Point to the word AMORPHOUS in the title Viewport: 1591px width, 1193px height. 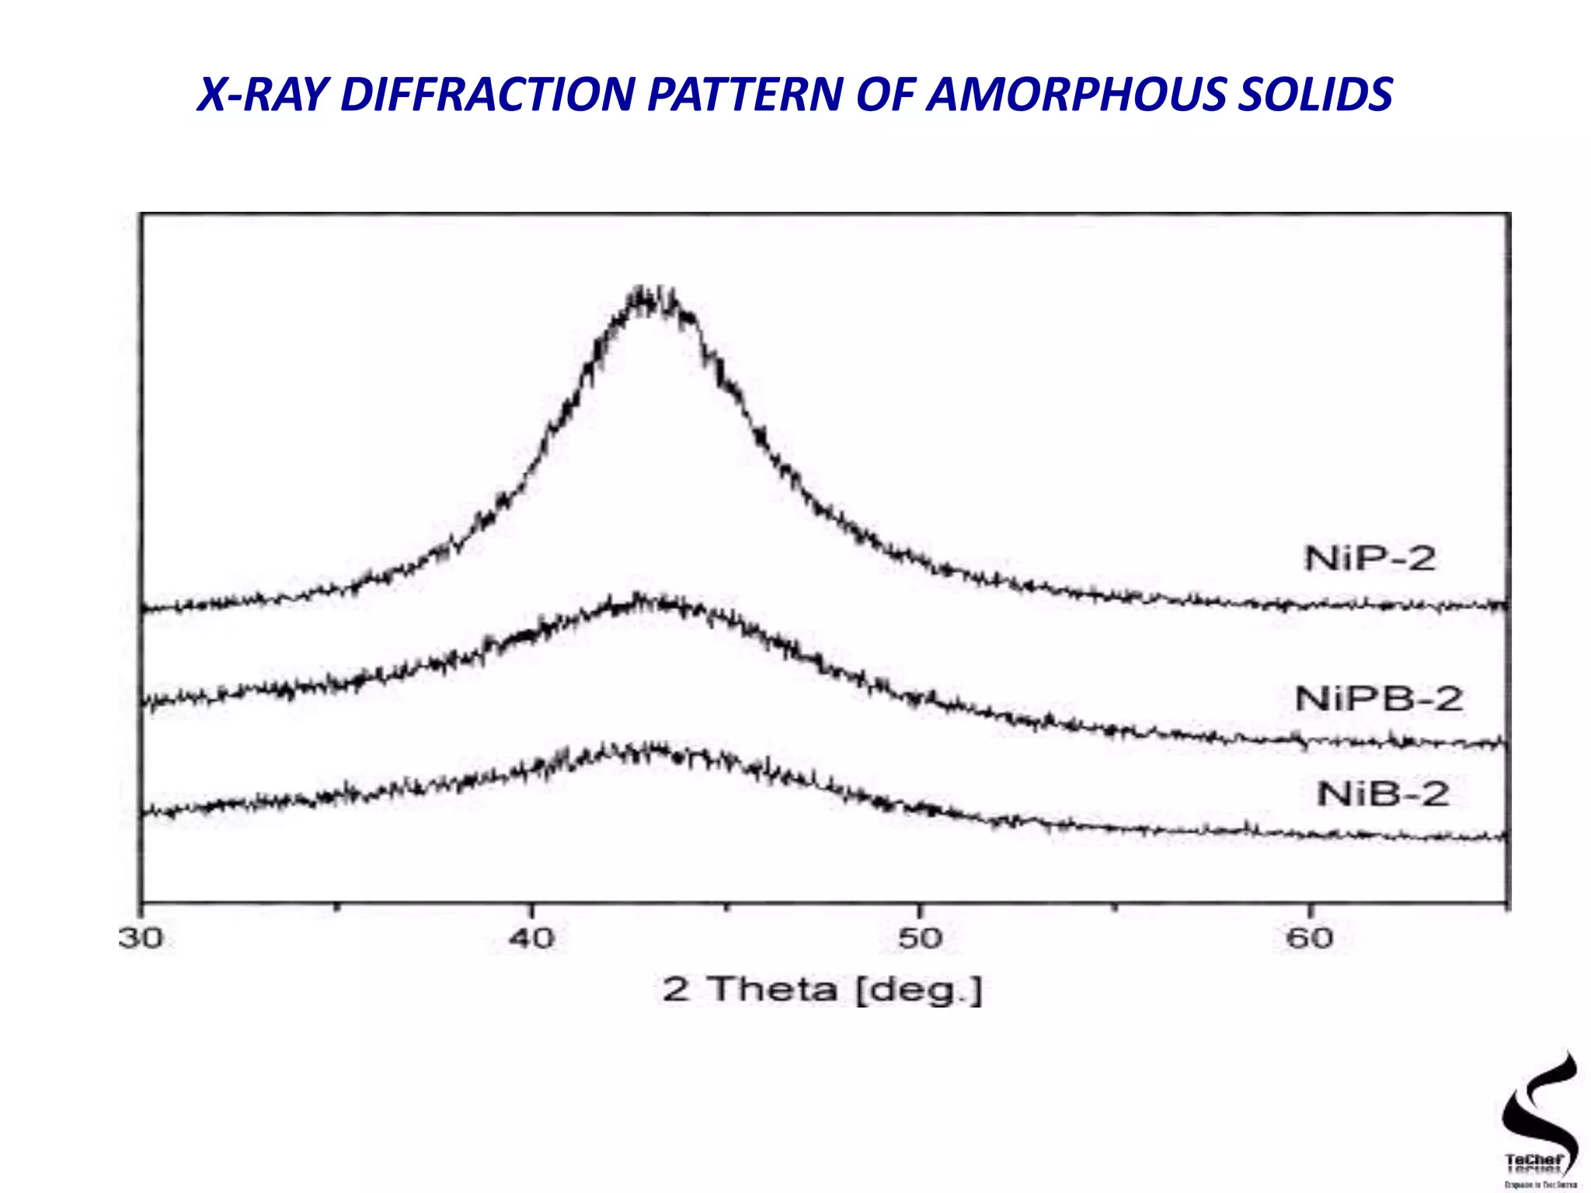1076,95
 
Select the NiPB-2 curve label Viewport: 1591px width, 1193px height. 1379,699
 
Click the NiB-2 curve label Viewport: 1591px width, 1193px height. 1384,794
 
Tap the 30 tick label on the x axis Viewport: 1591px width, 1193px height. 141,939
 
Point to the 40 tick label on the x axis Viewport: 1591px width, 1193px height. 532,939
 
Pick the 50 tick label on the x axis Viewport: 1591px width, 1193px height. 920,939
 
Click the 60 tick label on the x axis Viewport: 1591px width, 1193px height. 1309,939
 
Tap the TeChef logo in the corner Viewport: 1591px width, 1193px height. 1537,1118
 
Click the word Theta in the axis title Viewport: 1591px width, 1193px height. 774,990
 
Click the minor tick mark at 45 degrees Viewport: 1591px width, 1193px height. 726,906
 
